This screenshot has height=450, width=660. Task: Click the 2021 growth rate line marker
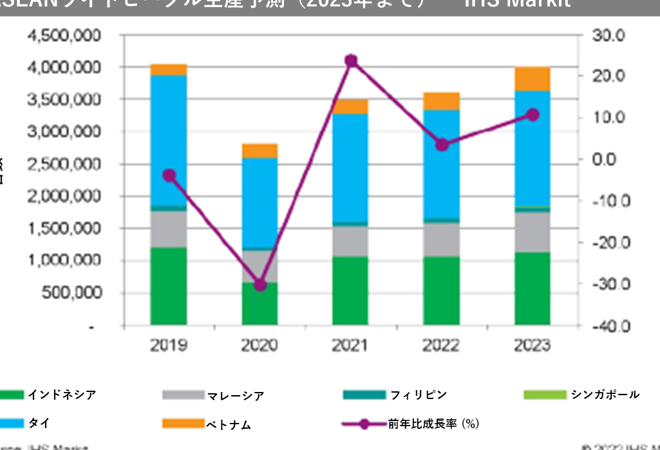click(x=351, y=61)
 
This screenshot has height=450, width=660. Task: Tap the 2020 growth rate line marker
click(x=260, y=284)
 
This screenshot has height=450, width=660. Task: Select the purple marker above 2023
click(x=533, y=115)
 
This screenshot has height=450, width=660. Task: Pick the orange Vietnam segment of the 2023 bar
click(x=533, y=79)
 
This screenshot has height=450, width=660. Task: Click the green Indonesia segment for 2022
click(x=442, y=290)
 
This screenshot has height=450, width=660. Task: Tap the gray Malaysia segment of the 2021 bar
click(x=351, y=241)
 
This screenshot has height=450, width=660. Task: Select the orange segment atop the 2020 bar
click(x=260, y=151)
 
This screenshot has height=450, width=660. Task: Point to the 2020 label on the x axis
click(x=260, y=346)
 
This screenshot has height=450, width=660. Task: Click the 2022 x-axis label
click(x=442, y=346)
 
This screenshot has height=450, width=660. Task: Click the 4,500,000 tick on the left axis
click(x=63, y=35)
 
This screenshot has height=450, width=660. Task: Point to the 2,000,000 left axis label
click(x=63, y=196)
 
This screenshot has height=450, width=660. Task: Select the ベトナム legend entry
click(x=227, y=424)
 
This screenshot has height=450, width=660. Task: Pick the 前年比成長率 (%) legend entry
click(x=432, y=424)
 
